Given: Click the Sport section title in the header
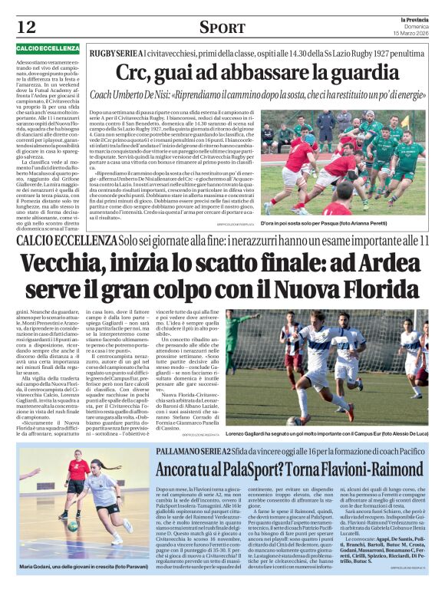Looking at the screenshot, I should click(x=222, y=28).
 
